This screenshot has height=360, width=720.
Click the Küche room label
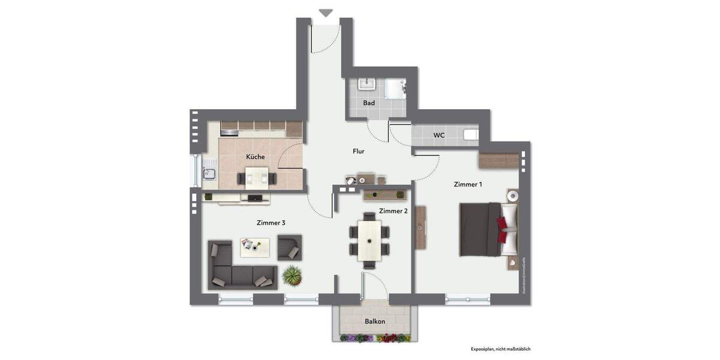pos(255,157)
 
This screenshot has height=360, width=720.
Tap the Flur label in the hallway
pos(358,151)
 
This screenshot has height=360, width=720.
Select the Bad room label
pos(368,103)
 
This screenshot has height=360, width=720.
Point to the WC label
pos(439,135)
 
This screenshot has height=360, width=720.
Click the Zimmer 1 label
pos(467,184)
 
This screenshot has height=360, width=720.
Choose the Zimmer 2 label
pos(393,211)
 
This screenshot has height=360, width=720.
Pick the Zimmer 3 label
pos(271,223)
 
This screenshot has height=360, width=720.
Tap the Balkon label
pos(374,321)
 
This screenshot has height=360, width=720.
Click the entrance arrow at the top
pos(326,13)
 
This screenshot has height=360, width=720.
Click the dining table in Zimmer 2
pos(369,240)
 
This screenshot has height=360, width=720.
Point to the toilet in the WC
pos(471,135)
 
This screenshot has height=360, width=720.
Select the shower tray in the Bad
pos(395,89)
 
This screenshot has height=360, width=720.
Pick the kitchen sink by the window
pos(209,173)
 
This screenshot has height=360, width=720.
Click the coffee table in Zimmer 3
pos(255,245)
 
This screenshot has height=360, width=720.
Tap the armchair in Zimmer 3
pos(290,247)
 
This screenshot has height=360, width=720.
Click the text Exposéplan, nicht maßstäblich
pos(500,349)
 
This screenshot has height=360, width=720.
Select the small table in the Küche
pos(257,177)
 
